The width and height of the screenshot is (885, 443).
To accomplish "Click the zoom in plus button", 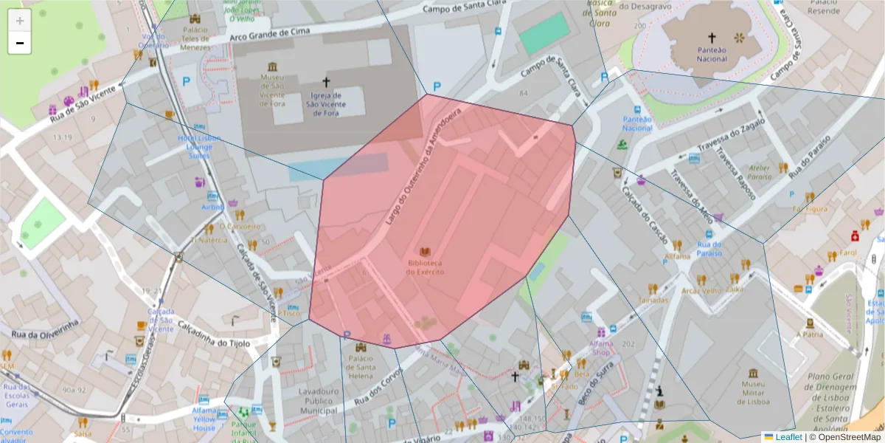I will [20, 21].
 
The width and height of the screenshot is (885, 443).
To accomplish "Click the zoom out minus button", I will [20, 43].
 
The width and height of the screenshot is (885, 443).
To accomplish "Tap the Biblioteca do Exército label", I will [425, 267].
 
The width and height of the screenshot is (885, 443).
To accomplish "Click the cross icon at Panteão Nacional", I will [712, 36].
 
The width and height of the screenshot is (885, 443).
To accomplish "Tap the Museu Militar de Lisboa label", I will [752, 393].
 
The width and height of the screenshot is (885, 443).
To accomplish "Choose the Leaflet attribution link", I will [787, 437].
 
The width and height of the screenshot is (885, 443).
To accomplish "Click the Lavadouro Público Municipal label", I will [318, 401].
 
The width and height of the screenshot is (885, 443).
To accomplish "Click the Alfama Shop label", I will [602, 347].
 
